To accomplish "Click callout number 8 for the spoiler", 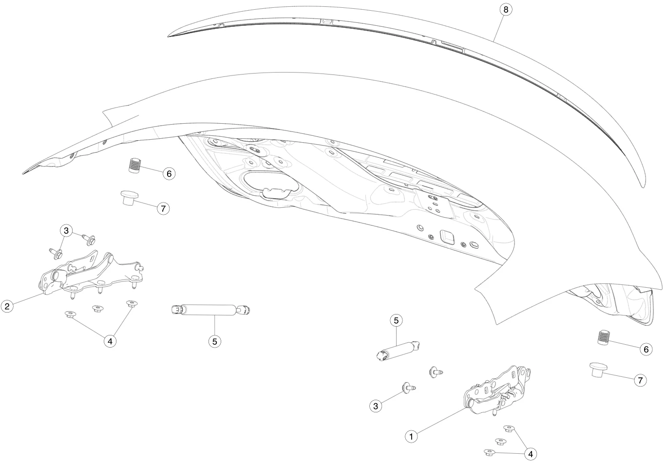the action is pos(505,10).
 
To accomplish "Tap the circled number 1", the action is pos(411,437).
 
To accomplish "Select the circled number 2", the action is pos(7,306).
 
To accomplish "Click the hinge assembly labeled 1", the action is pos(496,392).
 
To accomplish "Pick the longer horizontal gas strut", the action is pos(210,310).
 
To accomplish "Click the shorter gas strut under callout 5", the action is pos(398,351).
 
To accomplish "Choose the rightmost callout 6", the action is pos(646,349).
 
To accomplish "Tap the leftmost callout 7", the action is pos(163,208).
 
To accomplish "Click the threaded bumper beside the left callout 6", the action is pos(135,165).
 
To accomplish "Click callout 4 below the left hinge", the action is pos(110,341).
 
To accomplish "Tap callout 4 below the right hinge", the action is pos(531,454).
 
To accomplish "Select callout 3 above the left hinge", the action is pos(66,231).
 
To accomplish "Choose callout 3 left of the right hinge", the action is pos(376,406).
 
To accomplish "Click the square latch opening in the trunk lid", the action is pos(447,237).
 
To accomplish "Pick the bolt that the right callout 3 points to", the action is pos(408,388).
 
